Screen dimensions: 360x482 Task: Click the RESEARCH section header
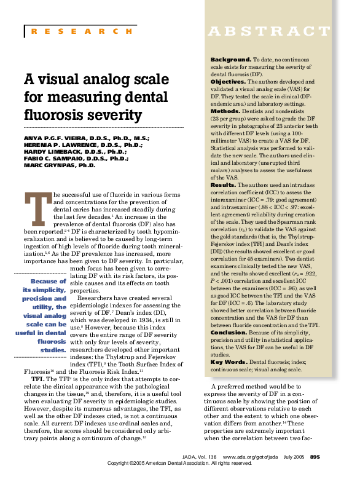point(80,31)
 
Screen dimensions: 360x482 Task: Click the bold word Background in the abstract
point(230,58)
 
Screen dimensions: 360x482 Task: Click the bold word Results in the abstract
point(223,184)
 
